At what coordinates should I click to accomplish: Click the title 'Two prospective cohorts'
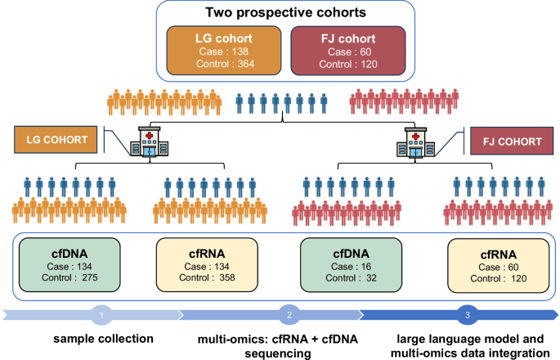coord(280,14)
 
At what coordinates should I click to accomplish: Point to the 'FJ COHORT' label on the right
coord(507,140)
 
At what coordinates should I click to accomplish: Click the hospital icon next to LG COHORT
coord(149,140)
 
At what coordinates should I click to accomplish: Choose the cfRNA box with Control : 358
coord(208,265)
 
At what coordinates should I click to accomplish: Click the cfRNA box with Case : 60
coord(495,265)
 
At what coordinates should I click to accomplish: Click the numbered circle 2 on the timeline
coord(289,313)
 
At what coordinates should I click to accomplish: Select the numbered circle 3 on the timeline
coord(467,313)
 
